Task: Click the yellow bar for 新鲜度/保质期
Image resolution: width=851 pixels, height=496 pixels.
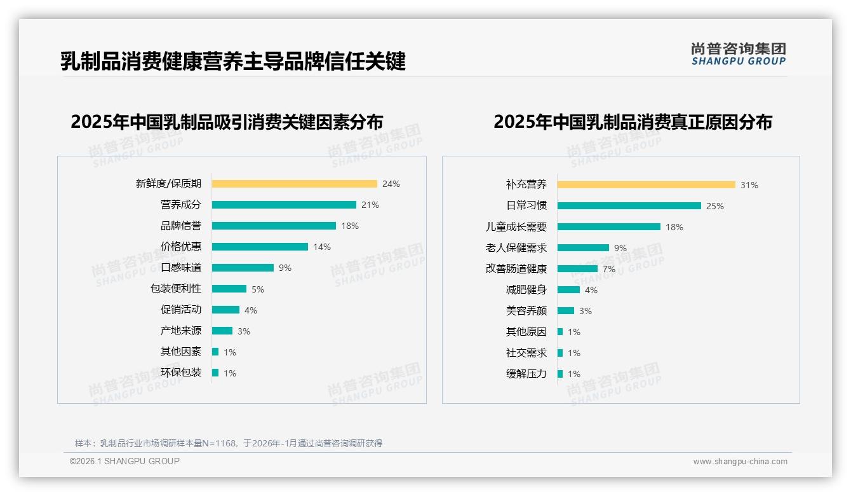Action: click(294, 184)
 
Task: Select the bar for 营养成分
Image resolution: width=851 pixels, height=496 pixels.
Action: click(284, 205)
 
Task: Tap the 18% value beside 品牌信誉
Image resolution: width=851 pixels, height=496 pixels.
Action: click(350, 226)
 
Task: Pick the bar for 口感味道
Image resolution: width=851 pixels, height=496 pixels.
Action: click(243, 268)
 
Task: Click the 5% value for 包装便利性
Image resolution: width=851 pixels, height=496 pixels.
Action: click(257, 289)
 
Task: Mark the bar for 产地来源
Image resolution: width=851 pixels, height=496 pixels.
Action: click(222, 331)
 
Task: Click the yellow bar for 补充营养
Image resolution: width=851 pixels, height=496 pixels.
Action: click(646, 185)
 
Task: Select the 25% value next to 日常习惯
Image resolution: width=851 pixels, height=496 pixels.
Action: click(715, 206)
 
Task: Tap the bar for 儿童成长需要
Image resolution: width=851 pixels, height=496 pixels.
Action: click(608, 227)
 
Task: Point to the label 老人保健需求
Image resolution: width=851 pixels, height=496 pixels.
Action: click(516, 247)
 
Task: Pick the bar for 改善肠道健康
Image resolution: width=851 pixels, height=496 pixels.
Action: click(577, 269)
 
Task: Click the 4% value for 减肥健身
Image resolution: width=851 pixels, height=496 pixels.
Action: click(591, 290)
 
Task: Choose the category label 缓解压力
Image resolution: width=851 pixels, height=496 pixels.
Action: click(526, 373)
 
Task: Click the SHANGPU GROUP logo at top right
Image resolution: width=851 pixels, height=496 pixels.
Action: click(739, 54)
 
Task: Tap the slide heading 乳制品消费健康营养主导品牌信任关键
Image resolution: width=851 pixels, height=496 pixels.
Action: click(232, 62)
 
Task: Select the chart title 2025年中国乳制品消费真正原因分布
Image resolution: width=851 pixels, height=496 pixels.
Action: click(633, 122)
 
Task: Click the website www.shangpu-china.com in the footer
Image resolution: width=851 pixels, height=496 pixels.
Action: click(740, 462)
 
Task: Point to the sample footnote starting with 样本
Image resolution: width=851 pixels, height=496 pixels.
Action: click(229, 443)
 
